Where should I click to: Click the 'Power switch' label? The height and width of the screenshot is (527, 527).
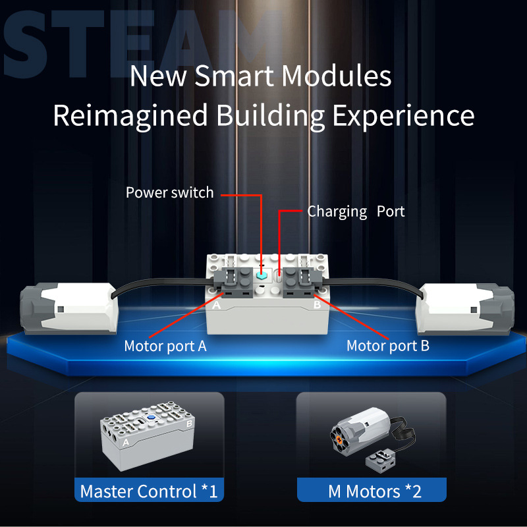[170, 192]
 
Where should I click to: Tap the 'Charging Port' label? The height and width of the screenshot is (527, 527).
[356, 211]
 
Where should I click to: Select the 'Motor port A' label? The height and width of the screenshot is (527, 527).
[165, 347]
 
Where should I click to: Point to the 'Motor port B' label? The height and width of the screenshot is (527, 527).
[388, 346]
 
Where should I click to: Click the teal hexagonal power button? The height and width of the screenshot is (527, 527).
[261, 275]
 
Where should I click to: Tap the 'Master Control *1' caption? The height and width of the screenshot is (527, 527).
[149, 491]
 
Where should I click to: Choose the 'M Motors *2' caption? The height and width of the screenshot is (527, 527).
[375, 491]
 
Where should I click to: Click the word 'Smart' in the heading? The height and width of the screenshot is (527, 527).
[235, 76]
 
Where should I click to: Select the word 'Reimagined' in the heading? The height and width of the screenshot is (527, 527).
[130, 116]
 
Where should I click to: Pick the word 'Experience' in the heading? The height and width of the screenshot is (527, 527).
[403, 116]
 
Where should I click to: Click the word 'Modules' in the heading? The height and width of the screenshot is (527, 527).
[337, 76]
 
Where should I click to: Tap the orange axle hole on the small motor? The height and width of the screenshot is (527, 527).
[339, 439]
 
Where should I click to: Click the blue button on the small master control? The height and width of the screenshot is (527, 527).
[151, 418]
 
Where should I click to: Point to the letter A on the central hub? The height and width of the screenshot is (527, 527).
[217, 305]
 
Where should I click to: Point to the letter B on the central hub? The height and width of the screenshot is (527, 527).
[317, 305]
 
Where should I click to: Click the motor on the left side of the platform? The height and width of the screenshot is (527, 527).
[69, 308]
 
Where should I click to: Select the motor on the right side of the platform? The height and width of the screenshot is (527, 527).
[465, 309]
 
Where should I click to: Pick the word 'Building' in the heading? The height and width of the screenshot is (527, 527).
[270, 116]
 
